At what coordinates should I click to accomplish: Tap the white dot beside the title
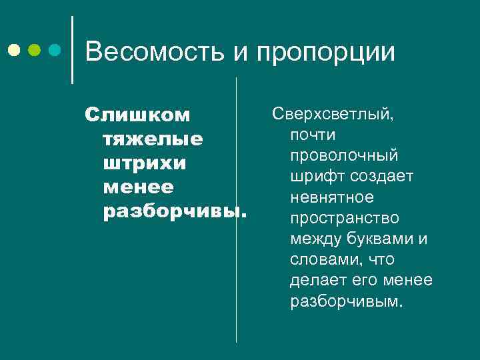[x=14, y=50]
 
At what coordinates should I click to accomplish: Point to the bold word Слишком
[x=137, y=115]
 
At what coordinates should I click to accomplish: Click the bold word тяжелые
[x=153, y=140]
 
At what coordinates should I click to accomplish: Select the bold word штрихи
[x=145, y=164]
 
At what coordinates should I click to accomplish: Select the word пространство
[x=345, y=218]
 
